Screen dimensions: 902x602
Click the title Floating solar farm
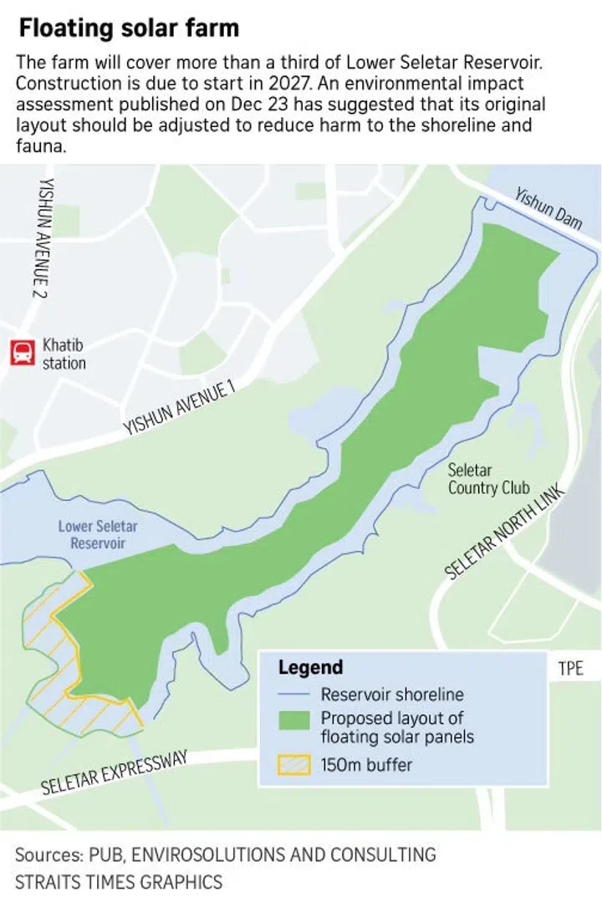tap(129, 28)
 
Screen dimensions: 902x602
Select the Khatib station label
tap(64, 354)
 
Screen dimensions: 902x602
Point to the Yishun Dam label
tap(548, 210)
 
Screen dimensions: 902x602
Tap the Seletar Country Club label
tap(488, 479)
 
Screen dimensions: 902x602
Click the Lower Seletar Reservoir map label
tap(98, 534)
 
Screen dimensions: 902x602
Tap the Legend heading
tap(310, 667)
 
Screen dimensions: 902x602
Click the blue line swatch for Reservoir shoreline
tap(295, 695)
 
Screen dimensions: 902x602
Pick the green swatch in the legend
tap(295, 720)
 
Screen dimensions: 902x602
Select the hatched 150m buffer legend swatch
tap(295, 764)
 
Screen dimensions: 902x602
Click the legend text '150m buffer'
tap(366, 764)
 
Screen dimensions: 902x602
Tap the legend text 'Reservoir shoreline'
tap(391, 695)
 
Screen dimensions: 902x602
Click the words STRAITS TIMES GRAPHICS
tap(119, 880)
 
